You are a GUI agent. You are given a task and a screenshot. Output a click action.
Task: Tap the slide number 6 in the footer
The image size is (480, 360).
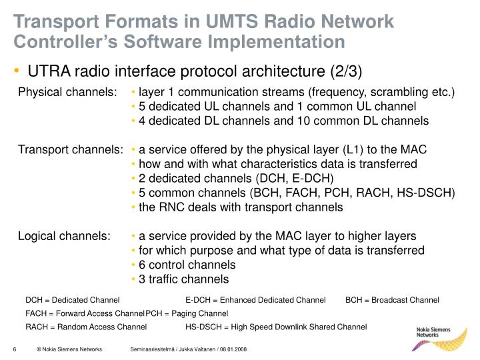point(15,350)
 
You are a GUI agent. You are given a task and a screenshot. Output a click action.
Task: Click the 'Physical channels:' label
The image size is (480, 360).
point(67,91)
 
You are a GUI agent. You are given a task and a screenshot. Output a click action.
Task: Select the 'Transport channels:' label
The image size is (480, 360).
point(70,149)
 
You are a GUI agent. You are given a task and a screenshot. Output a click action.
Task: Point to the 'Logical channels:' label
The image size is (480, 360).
point(64,236)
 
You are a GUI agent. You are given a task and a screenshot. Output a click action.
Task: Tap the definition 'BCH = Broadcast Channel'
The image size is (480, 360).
point(392,299)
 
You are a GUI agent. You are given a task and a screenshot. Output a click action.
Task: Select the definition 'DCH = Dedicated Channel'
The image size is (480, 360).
point(73,299)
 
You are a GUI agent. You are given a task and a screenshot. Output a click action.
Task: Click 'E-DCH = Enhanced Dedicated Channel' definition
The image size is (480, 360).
point(255,299)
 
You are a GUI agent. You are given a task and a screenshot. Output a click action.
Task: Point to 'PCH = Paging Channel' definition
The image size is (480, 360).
point(187,313)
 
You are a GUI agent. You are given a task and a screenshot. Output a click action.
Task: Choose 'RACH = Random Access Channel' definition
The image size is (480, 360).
point(86,327)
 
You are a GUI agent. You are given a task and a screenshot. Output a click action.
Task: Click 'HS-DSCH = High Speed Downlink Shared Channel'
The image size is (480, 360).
point(276,327)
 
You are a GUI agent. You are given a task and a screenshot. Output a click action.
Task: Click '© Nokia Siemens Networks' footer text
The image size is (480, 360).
point(69,350)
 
